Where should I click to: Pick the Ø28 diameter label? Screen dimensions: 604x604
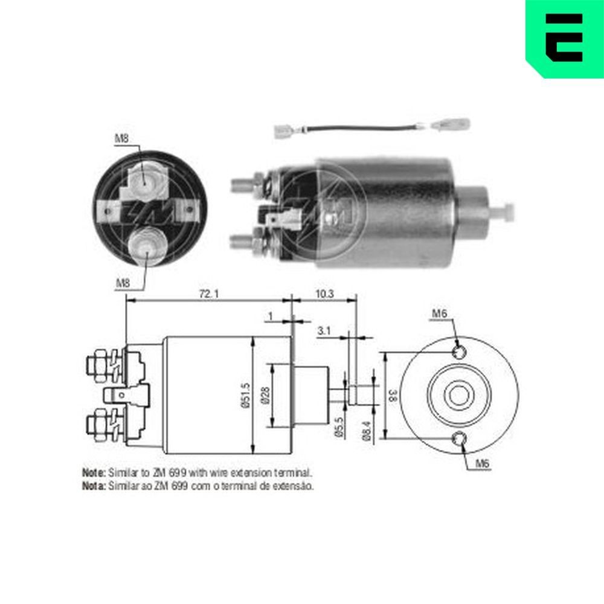click(x=265, y=396)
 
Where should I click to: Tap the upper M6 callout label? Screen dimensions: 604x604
click(x=439, y=313)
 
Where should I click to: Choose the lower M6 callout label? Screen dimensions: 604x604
click(x=481, y=464)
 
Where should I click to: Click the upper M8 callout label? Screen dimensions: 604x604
click(x=122, y=138)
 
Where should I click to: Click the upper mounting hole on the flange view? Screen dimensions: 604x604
click(x=459, y=352)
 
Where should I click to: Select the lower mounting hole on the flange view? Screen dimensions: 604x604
click(x=459, y=439)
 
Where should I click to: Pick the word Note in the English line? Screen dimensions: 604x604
click(x=94, y=472)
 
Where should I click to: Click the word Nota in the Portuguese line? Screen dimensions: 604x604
click(x=94, y=484)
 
